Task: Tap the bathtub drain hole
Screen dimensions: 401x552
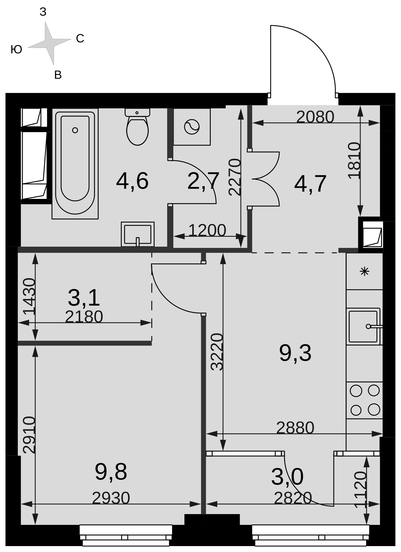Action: (x=75, y=130)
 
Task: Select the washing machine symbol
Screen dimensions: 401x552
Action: (x=192, y=127)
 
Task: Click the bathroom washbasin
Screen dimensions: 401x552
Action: (x=138, y=234)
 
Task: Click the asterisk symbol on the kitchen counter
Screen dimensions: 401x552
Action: (x=365, y=271)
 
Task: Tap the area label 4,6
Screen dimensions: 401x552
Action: (x=132, y=181)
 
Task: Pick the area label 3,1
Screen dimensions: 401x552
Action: (x=84, y=298)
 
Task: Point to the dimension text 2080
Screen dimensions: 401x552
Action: (x=315, y=117)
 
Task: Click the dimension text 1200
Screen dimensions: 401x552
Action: (x=207, y=230)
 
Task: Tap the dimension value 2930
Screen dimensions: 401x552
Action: (x=111, y=498)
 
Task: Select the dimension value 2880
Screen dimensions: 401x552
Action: (x=295, y=428)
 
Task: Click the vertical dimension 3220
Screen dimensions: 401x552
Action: (x=217, y=352)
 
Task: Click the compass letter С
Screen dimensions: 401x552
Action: (x=80, y=39)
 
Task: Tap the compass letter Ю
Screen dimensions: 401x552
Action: (x=16, y=50)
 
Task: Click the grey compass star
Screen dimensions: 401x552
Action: (x=49, y=43)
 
